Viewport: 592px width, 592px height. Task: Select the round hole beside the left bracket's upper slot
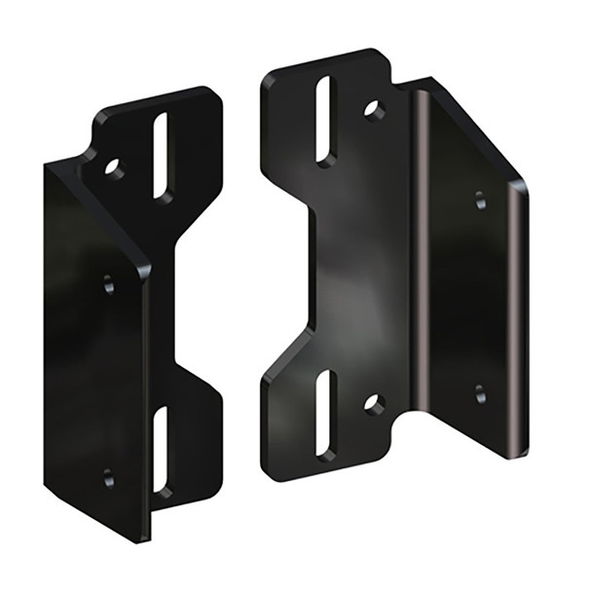click(x=115, y=169)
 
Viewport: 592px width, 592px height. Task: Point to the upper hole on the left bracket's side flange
click(x=108, y=284)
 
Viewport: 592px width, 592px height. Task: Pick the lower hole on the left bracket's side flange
click(x=108, y=478)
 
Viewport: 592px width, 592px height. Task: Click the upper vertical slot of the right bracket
click(x=324, y=121)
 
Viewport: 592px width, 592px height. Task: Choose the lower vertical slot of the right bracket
click(x=325, y=415)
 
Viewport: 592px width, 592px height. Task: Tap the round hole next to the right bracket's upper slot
click(x=373, y=109)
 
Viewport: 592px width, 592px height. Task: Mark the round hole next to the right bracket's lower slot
click(x=373, y=402)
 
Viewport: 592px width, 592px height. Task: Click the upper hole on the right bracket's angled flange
click(x=480, y=201)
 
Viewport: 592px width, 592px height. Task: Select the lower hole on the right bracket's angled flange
click(x=480, y=393)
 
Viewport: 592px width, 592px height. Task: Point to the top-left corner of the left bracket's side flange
click(x=49, y=166)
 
